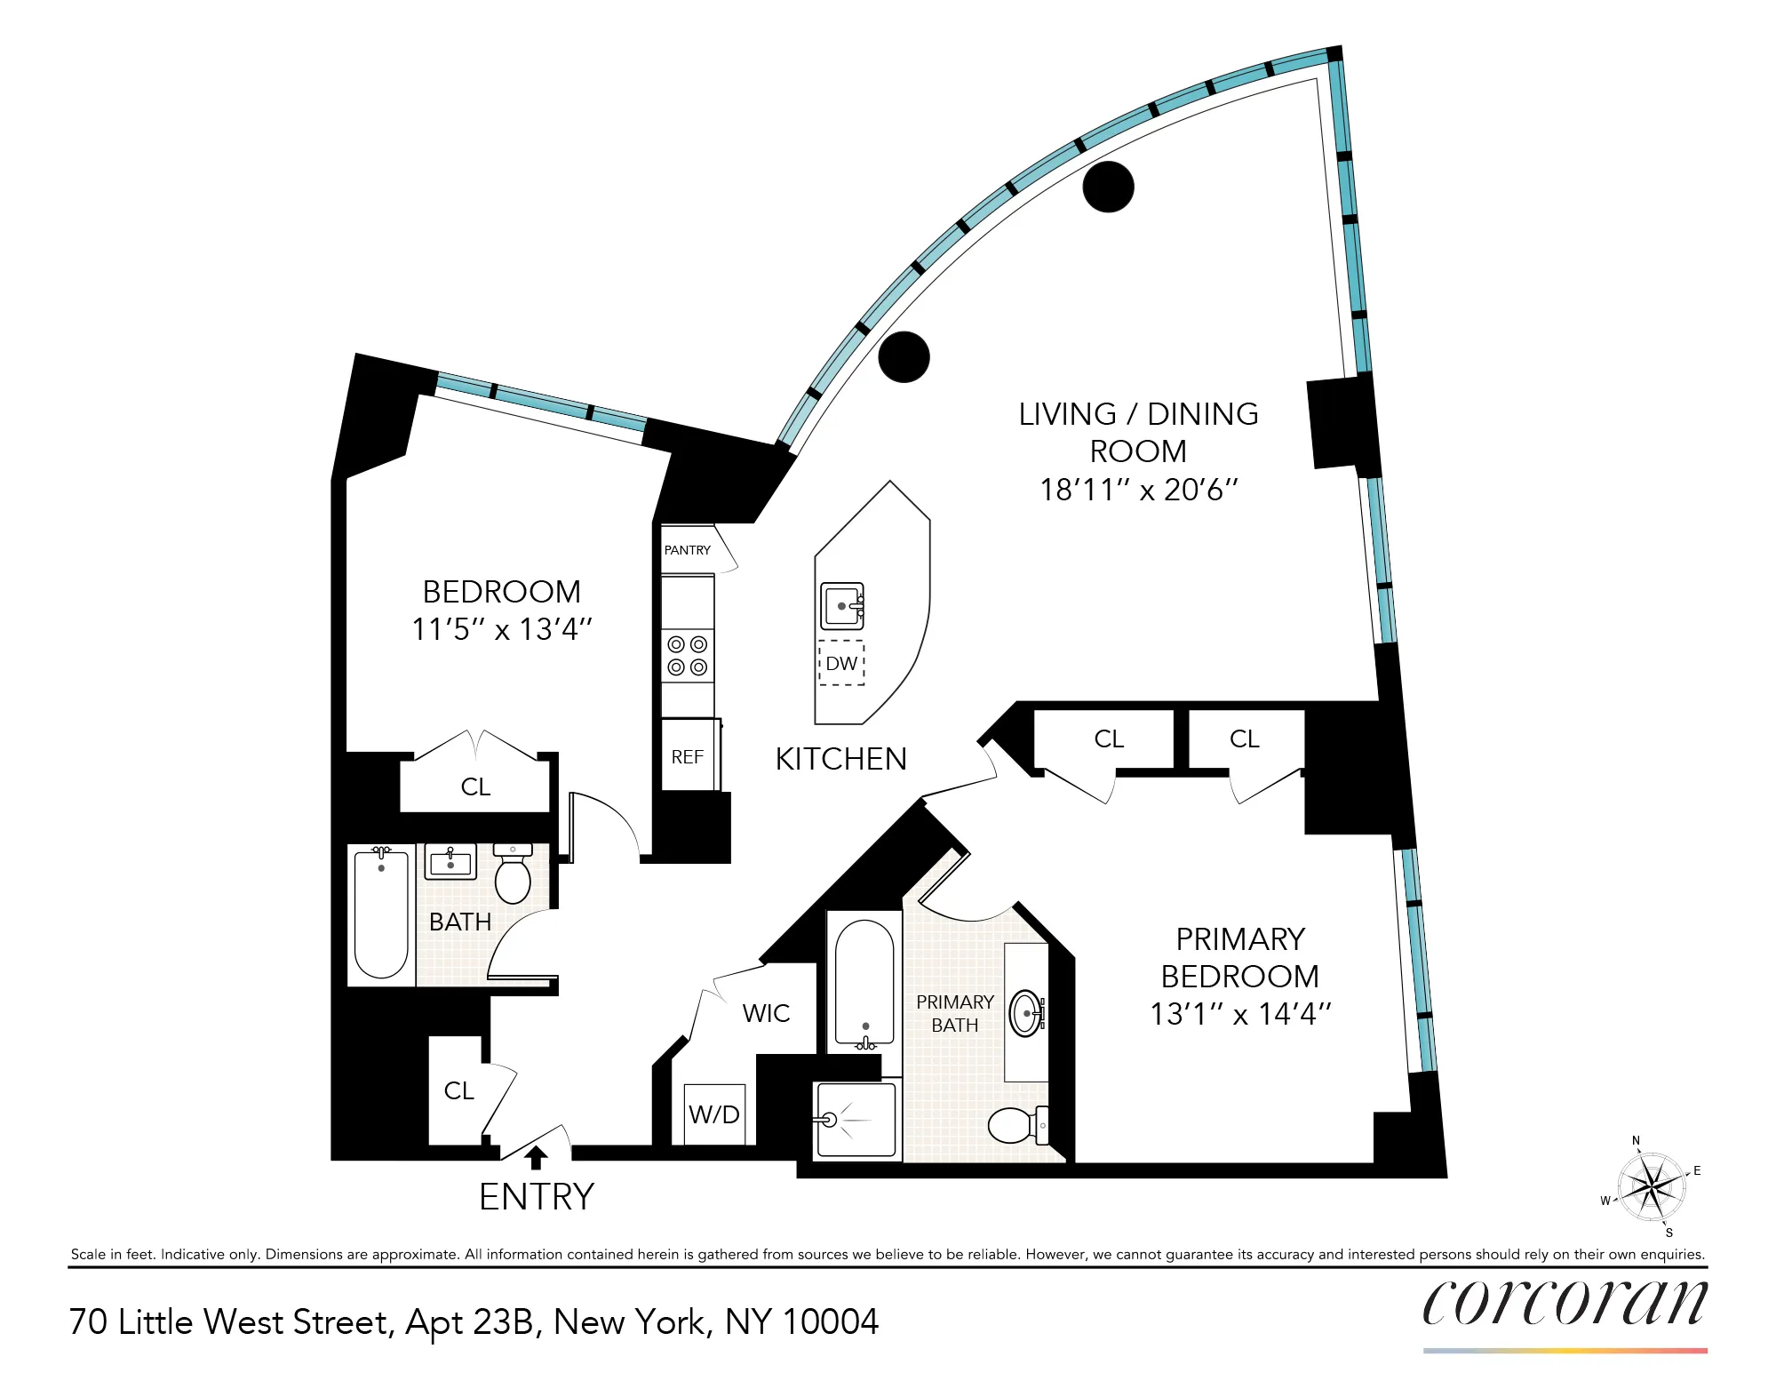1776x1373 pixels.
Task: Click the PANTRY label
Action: tap(687, 550)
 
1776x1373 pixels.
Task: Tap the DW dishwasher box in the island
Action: tap(841, 663)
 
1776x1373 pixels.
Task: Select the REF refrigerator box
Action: tap(688, 756)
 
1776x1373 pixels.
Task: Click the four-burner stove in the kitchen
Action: tap(688, 656)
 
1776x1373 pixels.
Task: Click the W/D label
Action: tap(714, 1114)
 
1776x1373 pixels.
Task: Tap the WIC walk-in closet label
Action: tap(766, 1013)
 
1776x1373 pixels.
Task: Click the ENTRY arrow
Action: tap(536, 1156)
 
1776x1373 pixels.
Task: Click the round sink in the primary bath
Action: tap(1027, 1013)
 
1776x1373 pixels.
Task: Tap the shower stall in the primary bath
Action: tap(856, 1120)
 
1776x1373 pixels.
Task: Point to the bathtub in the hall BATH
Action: tap(381, 914)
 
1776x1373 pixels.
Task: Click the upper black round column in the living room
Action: tap(1108, 187)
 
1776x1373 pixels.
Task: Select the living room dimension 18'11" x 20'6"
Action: tap(1138, 490)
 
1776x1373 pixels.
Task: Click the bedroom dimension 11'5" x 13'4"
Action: tap(501, 629)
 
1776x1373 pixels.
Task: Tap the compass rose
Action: tap(1651, 1186)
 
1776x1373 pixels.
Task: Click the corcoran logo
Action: tap(1565, 1304)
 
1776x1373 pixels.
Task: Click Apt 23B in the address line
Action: tap(470, 1321)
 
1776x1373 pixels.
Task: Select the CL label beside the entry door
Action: tap(458, 1090)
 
